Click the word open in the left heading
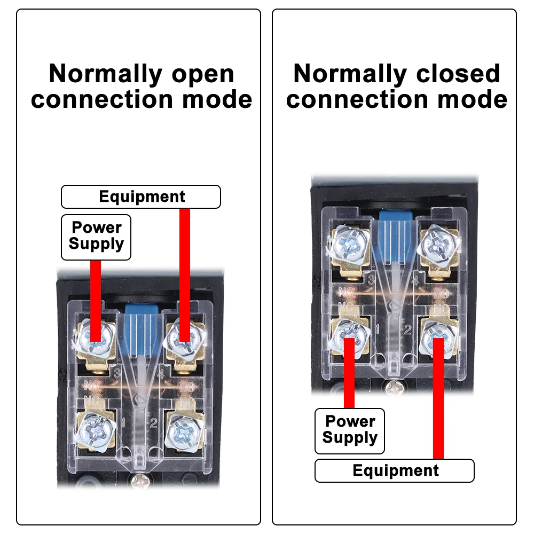tap(203, 75)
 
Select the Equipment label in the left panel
tap(142, 197)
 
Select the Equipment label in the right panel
tap(395, 470)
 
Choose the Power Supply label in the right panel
tap(350, 430)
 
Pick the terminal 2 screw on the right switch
tap(439, 335)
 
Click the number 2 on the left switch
tap(153, 423)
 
